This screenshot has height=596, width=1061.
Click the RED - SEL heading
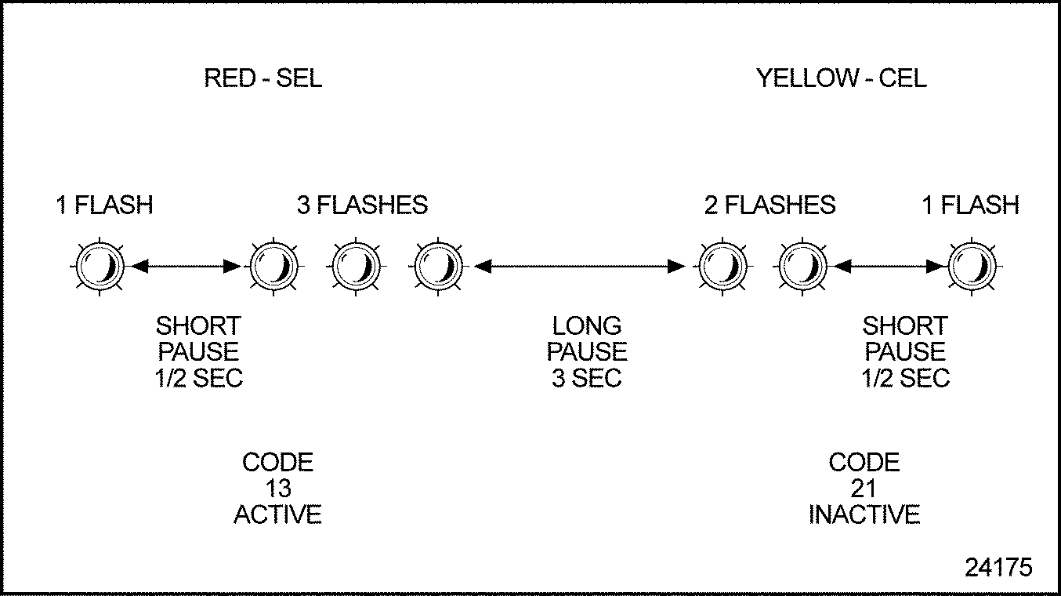coord(263,78)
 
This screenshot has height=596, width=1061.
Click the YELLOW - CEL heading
coord(841,78)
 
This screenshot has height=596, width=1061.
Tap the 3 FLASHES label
coord(362,205)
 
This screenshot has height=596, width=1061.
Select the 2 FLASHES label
coord(769,205)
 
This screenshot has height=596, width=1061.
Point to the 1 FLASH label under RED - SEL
coord(104,205)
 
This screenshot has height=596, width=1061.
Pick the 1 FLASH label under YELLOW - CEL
coord(970,205)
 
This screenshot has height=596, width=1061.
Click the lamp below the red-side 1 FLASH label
coord(100,267)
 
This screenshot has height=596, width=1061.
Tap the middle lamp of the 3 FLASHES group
coord(357,267)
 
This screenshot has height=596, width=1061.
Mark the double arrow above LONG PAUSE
coord(580,267)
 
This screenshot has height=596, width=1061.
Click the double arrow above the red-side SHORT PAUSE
coord(186,267)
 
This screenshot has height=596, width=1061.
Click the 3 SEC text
coord(587,378)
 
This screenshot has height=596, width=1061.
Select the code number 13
coord(278,489)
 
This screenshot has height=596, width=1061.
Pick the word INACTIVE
coord(864,514)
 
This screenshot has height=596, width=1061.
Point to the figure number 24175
coord(998,567)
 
